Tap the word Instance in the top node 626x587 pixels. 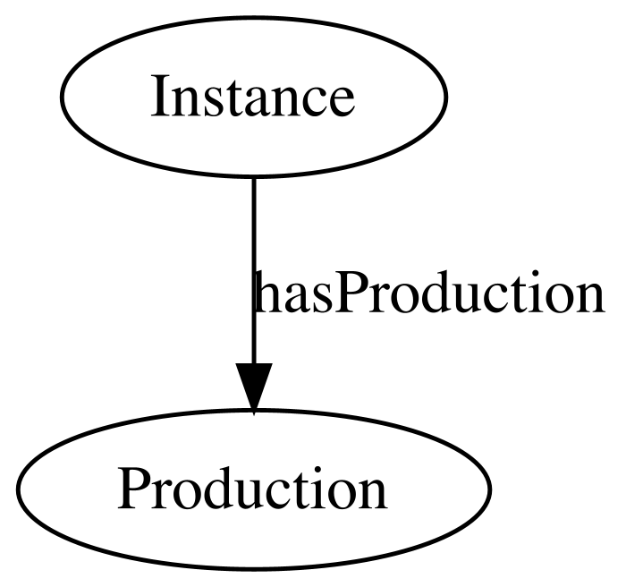[x=252, y=97]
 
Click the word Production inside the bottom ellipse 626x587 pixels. [x=252, y=489]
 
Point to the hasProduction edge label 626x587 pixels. [x=428, y=293]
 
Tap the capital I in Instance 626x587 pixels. [x=158, y=97]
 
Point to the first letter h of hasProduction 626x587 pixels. [x=265, y=292]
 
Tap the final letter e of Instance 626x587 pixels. [x=342, y=104]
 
